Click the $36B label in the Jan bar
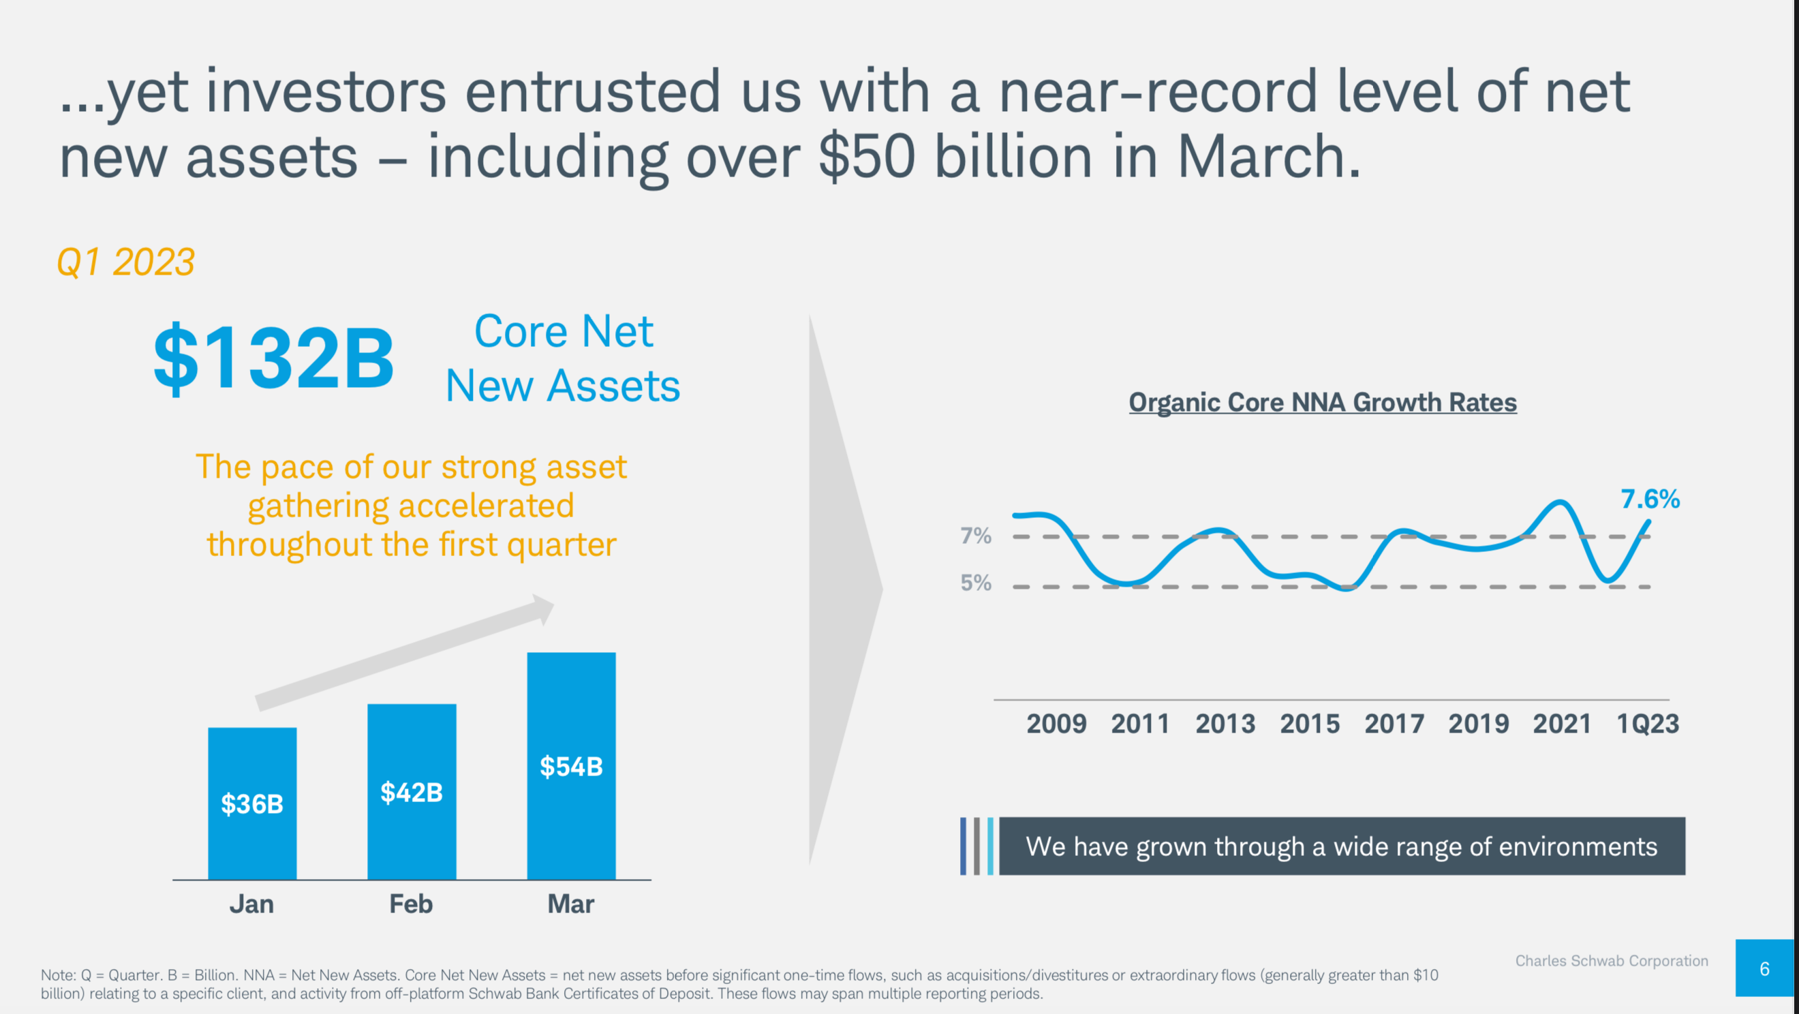pos(252,804)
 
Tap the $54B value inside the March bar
pos(570,767)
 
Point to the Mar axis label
pos(570,904)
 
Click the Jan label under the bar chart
pos(251,904)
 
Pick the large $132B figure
pos(274,358)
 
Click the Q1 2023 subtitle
pos(125,262)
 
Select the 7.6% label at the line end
pos(1650,500)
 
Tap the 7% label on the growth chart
pos(976,536)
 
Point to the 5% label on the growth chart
pos(976,583)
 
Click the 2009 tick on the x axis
pos(1056,724)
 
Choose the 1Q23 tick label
pos(1648,724)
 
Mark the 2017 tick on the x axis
pos(1394,724)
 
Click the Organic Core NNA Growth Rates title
pos(1322,402)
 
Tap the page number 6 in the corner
pos(1764,968)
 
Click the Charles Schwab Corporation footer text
pos(1611,961)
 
